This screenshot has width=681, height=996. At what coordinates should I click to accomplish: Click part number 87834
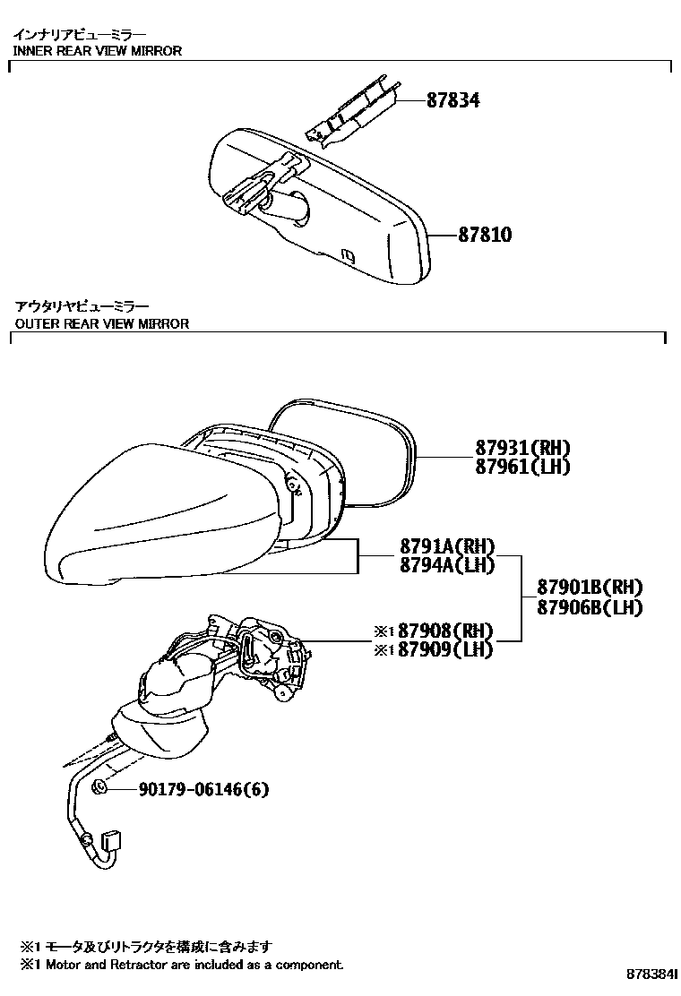(453, 99)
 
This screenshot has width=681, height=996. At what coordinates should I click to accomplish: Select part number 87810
(485, 235)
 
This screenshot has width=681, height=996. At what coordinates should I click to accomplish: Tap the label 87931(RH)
(522, 448)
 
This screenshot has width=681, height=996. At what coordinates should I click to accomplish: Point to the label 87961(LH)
(522, 467)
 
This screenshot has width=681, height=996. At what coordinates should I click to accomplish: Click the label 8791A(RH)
(447, 545)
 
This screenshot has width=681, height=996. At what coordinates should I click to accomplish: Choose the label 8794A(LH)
(447, 564)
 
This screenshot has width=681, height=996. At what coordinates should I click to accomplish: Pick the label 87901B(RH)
(590, 587)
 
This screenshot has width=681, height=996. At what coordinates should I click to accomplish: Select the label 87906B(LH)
(590, 607)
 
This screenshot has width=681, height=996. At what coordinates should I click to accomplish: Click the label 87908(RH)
(445, 631)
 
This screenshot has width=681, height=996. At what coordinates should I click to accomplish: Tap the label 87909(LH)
(445, 649)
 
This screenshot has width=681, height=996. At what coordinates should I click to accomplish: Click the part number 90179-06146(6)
(204, 789)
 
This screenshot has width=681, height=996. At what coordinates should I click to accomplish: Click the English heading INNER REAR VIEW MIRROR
(98, 51)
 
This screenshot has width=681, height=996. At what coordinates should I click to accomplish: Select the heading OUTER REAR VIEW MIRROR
(101, 323)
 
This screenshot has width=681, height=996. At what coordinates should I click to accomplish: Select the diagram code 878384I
(651, 974)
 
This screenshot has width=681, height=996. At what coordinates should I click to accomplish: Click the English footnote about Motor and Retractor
(182, 965)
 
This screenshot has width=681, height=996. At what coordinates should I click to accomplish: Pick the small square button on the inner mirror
(349, 255)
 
